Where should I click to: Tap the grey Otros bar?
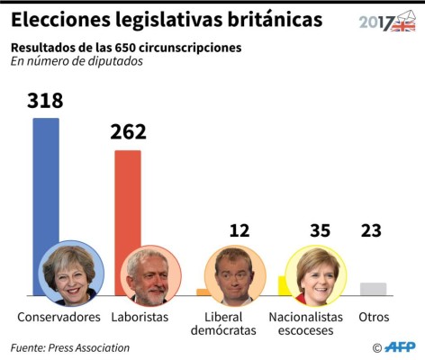pyautogui.click(x=373, y=289)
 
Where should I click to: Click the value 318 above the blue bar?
pyautogui.click(x=45, y=101)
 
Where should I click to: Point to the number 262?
pyautogui.click(x=128, y=132)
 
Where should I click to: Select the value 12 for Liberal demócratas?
pyautogui.click(x=239, y=230)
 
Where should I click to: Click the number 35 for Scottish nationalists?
pyautogui.click(x=319, y=230)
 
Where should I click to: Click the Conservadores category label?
pyautogui.click(x=59, y=318)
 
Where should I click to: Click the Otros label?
pyautogui.click(x=374, y=318)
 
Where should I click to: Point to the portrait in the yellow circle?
pyautogui.click(x=315, y=275)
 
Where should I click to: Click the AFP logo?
pyautogui.click(x=399, y=347)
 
